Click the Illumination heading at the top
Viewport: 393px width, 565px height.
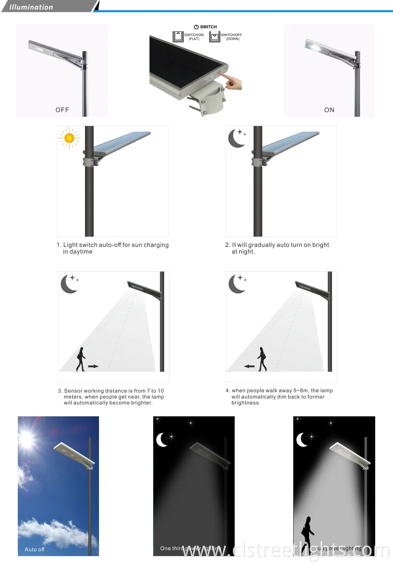click(31, 7)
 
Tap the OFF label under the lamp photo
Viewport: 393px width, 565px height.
click(62, 110)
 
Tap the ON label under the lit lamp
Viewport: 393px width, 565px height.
click(329, 110)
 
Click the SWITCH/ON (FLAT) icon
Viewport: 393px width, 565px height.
click(178, 36)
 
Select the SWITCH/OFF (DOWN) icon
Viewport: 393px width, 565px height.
click(215, 36)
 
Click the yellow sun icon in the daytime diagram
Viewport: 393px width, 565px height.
click(69, 138)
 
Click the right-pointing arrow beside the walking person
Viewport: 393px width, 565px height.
click(93, 366)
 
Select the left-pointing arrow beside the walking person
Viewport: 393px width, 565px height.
click(250, 366)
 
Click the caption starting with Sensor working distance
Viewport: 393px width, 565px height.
click(111, 397)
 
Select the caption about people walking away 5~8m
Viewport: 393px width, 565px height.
click(279, 396)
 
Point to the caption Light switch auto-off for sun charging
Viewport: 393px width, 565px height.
click(113, 248)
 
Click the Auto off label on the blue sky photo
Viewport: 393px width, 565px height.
click(34, 549)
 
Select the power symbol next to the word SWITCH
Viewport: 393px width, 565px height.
click(196, 27)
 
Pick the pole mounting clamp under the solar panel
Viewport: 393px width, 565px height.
click(212, 100)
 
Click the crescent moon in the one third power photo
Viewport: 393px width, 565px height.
click(162, 440)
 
